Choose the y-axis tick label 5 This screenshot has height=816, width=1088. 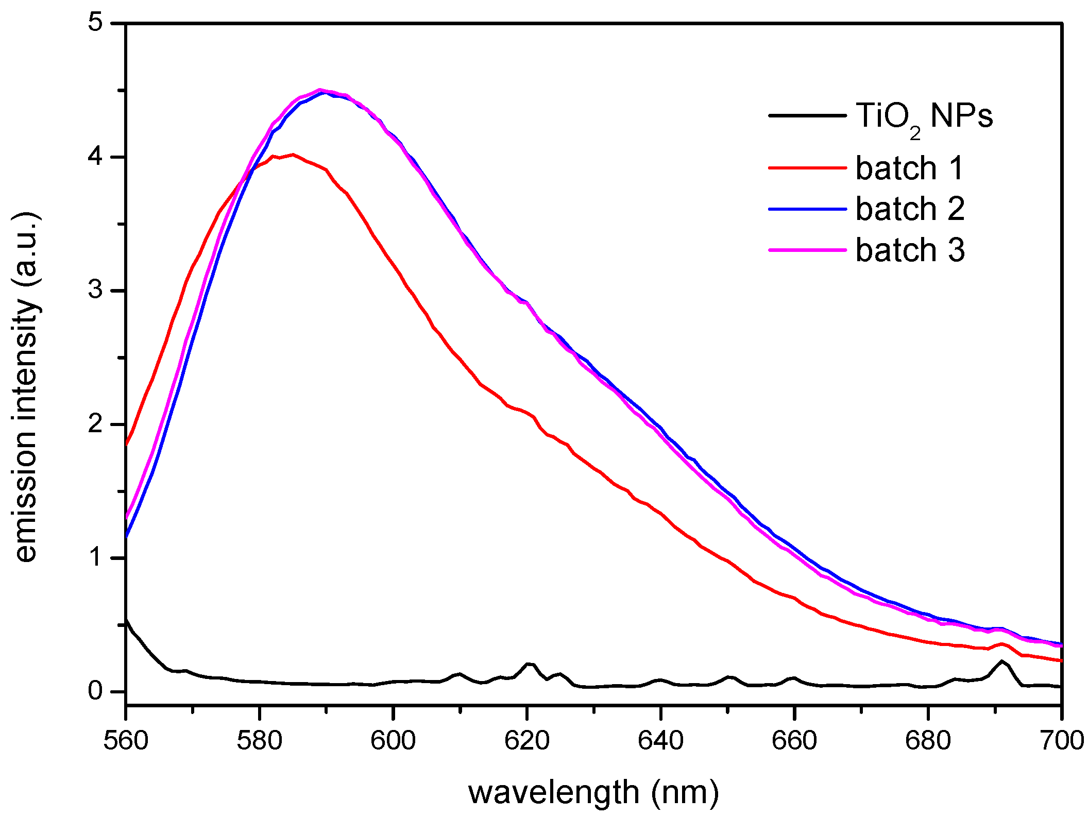click(x=96, y=23)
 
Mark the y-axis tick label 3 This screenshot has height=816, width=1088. click(x=96, y=291)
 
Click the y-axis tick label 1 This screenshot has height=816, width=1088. click(x=96, y=558)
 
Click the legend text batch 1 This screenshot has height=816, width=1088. click(x=909, y=168)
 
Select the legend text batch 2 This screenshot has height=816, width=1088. click(x=910, y=209)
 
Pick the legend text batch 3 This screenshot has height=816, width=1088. click(x=910, y=250)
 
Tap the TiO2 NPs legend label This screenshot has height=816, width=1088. click(x=924, y=116)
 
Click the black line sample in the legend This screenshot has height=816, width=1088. click(x=807, y=115)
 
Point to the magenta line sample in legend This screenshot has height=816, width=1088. click(x=807, y=250)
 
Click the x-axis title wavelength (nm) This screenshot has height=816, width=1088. click(x=593, y=792)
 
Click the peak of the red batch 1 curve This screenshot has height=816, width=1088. click(x=292, y=155)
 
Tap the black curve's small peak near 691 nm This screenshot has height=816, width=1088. click(x=1001, y=661)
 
